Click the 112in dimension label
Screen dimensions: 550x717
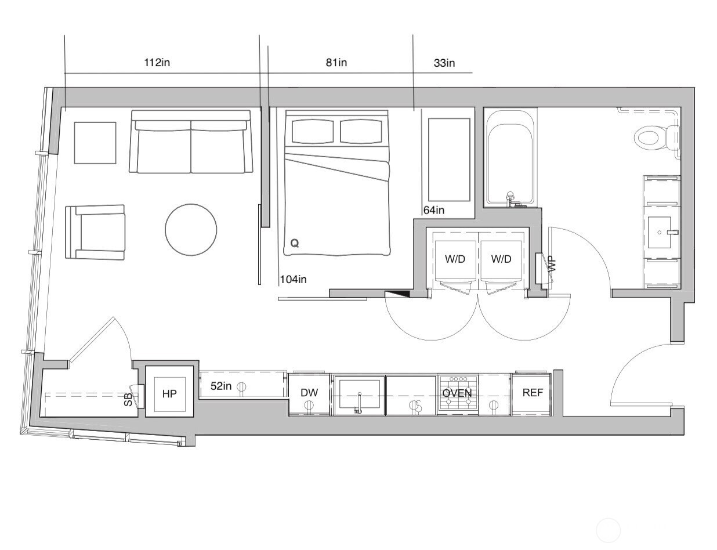pos(157,63)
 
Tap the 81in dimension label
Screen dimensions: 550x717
pos(336,63)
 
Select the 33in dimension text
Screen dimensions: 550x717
pos(444,63)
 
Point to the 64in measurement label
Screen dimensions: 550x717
pos(434,210)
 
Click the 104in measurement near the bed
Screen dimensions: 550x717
pos(293,280)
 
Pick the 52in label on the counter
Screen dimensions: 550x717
pos(221,386)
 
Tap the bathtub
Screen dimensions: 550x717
pos(510,157)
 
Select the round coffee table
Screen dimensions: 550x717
pos(191,230)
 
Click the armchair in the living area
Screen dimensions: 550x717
pos(96,232)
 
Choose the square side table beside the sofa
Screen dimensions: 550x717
pos(95,143)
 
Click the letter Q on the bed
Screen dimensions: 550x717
pos(295,244)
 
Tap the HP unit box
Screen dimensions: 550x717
pos(169,393)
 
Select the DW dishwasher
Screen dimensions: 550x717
pos(309,393)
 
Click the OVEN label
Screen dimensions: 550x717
pos(457,393)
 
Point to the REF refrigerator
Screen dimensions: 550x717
pos(533,393)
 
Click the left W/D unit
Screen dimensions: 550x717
pos(455,259)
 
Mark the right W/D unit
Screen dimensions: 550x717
pos(501,259)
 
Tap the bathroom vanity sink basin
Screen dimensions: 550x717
pos(660,233)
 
